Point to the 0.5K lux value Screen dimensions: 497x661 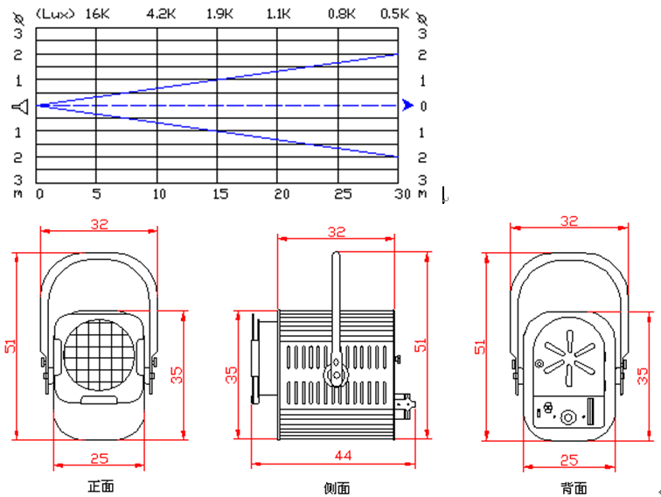(x=395, y=14)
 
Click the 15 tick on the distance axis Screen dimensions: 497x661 (x=219, y=193)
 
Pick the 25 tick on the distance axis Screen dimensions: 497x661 (x=339, y=193)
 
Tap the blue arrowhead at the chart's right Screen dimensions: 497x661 (x=407, y=105)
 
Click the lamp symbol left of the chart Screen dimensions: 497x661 (x=22, y=106)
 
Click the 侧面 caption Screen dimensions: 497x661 (x=337, y=487)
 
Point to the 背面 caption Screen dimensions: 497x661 (x=574, y=487)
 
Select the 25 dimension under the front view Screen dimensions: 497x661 (x=99, y=455)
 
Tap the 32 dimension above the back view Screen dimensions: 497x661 (x=568, y=221)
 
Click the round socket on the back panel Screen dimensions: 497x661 (x=569, y=416)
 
